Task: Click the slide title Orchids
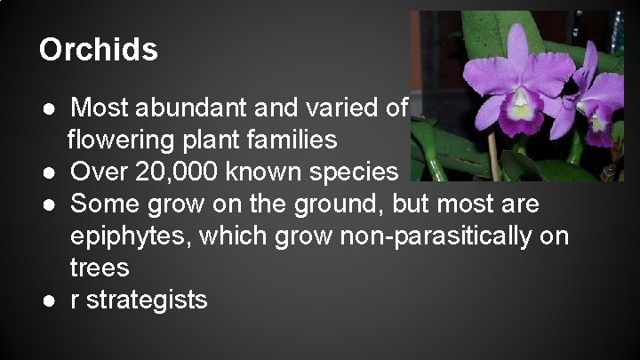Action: coord(98,50)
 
